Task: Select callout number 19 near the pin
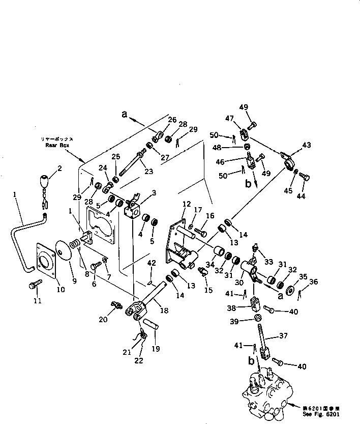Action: [156, 349]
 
